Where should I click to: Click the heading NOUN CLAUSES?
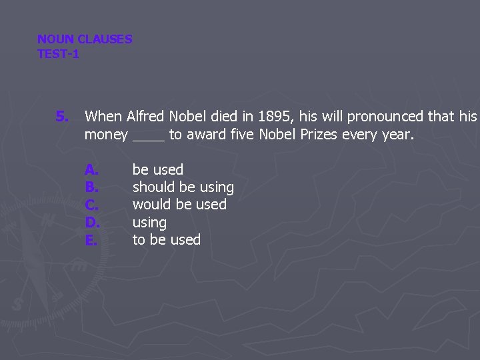click(x=85, y=39)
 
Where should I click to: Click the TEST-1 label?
click(x=58, y=54)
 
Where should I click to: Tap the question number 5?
click(x=61, y=117)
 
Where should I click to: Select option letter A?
click(x=91, y=170)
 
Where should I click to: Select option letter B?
click(x=91, y=187)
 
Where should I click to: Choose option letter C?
click(x=91, y=205)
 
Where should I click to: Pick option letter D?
click(x=92, y=222)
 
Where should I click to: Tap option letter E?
click(x=91, y=239)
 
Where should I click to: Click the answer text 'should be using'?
click(x=183, y=187)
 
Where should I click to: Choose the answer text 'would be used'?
click(x=179, y=205)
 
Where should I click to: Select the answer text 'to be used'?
click(x=166, y=239)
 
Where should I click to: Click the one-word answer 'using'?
click(x=149, y=223)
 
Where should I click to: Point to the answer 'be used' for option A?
click(x=157, y=170)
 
